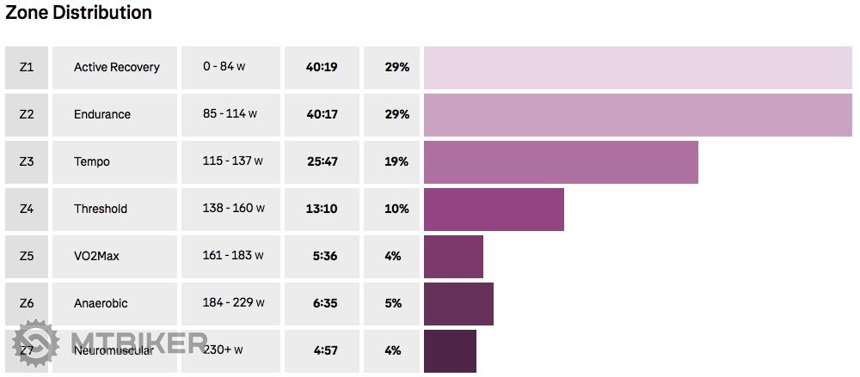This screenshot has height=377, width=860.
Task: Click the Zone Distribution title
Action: pyautogui.click(x=79, y=13)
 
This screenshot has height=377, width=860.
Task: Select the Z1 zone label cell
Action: pyautogui.click(x=27, y=67)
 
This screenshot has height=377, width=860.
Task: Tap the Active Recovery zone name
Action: pyautogui.click(x=116, y=67)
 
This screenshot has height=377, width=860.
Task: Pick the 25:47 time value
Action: pyautogui.click(x=322, y=161)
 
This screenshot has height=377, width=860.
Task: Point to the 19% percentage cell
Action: pyautogui.click(x=396, y=161)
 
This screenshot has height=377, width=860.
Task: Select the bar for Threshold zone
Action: pyautogui.click(x=494, y=209)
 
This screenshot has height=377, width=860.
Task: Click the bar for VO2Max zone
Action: pyautogui.click(x=453, y=256)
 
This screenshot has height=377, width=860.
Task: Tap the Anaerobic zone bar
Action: pyautogui.click(x=458, y=303)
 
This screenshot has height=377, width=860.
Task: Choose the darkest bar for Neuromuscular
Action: pyautogui.click(x=450, y=350)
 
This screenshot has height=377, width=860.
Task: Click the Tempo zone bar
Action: pyautogui.click(x=561, y=161)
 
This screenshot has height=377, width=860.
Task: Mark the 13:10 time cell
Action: pyautogui.click(x=322, y=209)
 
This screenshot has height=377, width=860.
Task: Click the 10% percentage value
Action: pyautogui.click(x=396, y=209)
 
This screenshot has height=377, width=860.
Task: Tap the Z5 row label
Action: pyautogui.click(x=27, y=256)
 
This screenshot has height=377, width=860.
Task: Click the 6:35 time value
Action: pyautogui.click(x=323, y=303)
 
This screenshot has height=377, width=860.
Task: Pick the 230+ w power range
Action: pyautogui.click(x=224, y=350)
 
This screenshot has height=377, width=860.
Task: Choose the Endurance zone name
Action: pyautogui.click(x=102, y=114)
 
